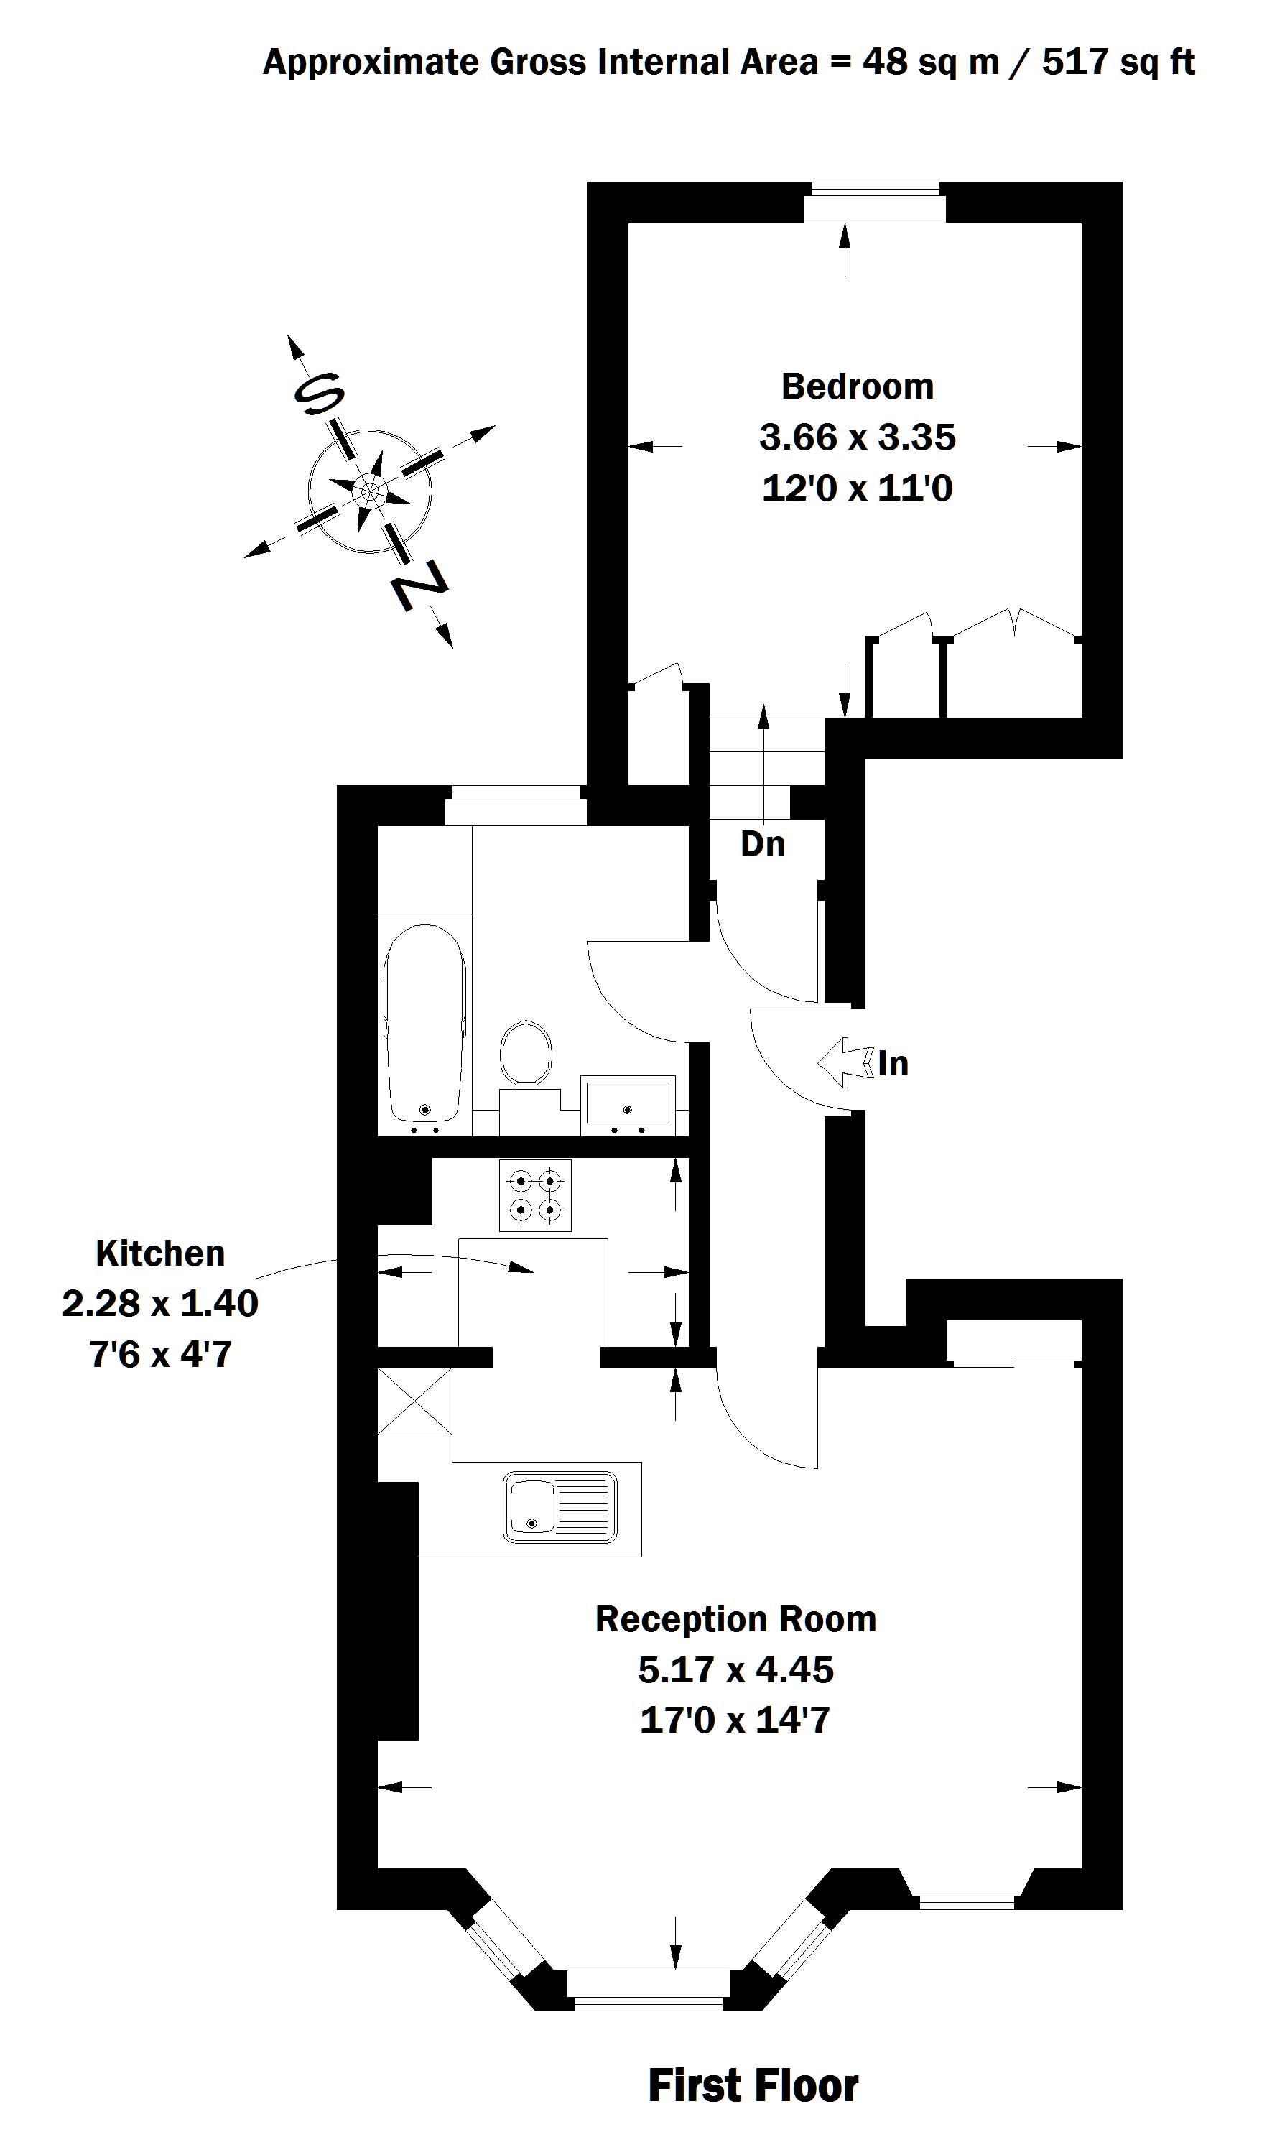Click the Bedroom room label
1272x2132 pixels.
857,387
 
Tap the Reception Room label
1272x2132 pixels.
735,1619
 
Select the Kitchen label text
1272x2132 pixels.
160,1253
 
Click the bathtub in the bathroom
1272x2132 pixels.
425,1024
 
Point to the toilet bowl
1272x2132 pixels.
526,1054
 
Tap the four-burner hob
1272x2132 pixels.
535,1196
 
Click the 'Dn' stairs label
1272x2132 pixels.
762,845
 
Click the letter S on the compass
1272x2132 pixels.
319,394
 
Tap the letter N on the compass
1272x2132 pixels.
419,585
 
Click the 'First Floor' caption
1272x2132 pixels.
753,2086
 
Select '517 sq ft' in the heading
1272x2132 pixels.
1118,62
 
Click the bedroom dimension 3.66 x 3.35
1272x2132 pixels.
857,437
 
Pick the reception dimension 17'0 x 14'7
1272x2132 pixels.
735,1720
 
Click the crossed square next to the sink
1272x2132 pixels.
415,1401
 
